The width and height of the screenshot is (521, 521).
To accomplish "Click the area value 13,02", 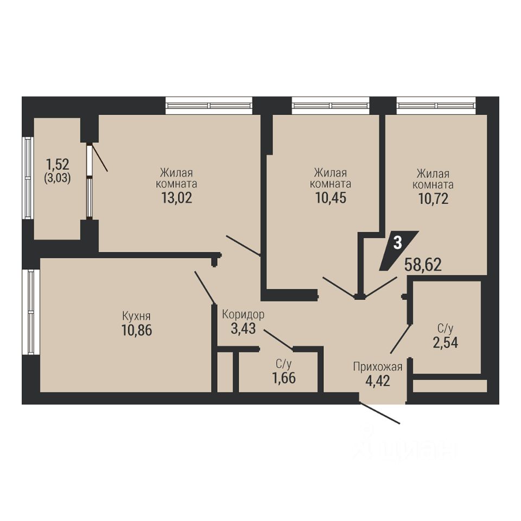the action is tap(177, 198).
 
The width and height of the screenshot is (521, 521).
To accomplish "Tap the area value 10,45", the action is tap(331, 198).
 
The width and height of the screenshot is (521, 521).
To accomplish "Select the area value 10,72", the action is tap(433, 199).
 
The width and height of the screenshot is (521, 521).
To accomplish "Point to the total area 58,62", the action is tap(423, 265).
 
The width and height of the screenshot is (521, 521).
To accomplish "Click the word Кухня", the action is tap(136, 316).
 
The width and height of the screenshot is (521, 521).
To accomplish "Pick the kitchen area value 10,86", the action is tap(137, 331).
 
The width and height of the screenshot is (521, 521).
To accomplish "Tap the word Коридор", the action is tap(243, 314).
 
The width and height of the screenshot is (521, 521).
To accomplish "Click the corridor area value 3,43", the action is tap(243, 329).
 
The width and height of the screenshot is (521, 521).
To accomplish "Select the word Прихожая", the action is tap(378, 367).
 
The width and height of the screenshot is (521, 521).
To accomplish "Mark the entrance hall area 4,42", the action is tap(378, 381).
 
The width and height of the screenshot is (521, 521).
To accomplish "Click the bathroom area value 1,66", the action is tap(284, 378).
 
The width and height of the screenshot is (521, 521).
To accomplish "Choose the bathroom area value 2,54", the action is tap(445, 342).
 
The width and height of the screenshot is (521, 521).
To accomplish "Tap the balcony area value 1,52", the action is tap(58, 164).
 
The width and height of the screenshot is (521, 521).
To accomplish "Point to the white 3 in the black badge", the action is tap(397, 243).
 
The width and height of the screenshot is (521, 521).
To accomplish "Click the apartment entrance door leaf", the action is tap(379, 414).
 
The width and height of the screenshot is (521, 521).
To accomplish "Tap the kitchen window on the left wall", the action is tap(31, 312).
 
